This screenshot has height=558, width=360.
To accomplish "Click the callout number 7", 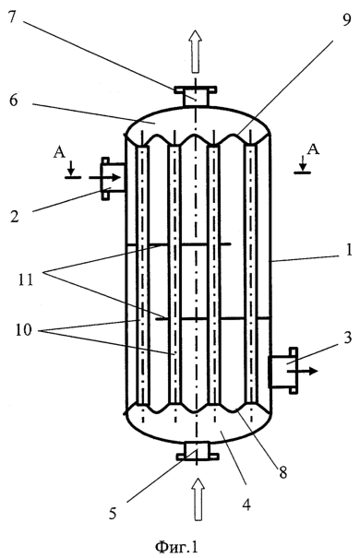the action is pos(13,16).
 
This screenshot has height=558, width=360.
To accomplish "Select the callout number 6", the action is pos(14,100).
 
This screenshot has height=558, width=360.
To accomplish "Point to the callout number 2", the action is pos(14,216).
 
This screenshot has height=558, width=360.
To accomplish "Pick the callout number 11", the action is pos(25,279).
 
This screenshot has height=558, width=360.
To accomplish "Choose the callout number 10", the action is pos(23,330).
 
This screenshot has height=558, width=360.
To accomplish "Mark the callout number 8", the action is pos(282,472).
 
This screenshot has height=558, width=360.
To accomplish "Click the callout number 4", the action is pos(246,505).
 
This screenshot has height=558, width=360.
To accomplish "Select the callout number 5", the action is pos(113,514).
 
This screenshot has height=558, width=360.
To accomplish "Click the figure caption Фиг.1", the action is pos(176,546).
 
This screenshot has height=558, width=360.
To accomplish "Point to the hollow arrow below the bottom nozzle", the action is pos(198,499).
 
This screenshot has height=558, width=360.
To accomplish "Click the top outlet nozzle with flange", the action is pos(195,96).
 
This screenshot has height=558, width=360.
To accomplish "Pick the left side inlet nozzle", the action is pos(113,179).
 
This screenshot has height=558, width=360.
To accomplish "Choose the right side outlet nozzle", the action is pos(283,370).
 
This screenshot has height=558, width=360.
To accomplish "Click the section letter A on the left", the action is pos(59,153).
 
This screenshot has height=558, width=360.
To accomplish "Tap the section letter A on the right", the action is pos(313,149).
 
